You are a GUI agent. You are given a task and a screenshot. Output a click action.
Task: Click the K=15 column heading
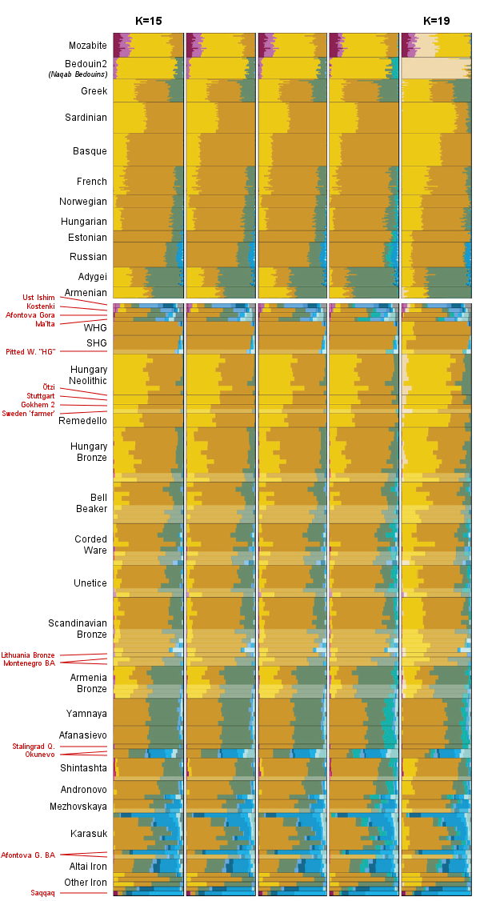pos(149,21)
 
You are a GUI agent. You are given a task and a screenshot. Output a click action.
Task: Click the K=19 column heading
pos(438,21)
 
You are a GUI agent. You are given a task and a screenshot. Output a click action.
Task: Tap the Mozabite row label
pos(88,46)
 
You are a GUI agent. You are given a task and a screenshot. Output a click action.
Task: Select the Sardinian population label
pos(86,118)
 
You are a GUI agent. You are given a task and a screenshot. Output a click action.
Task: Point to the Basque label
pos(90,151)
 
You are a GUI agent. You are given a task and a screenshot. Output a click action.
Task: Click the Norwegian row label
pos(83,202)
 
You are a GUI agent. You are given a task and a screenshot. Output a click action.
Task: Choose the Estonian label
pos(87,238)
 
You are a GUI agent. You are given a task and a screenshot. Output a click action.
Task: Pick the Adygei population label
pos(92,276)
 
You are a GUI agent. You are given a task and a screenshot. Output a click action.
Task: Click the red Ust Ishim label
pos(38,298)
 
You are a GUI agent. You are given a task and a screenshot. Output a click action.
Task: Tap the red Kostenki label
pos(40,306)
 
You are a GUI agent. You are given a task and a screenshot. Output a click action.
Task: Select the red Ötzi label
pos(49,387)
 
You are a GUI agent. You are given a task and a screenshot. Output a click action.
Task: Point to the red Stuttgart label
pos(41,396)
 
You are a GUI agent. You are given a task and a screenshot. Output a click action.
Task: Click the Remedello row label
pos(82,420)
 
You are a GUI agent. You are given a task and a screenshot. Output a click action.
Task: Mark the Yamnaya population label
pos(86,713)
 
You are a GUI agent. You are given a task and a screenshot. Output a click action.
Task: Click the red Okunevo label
pos(40,755)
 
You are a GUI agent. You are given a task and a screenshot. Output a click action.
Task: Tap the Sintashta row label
pos(83,768)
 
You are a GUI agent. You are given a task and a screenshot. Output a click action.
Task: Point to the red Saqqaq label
pos(43,892)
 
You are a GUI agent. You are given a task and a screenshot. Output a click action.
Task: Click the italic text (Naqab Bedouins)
pos(81,74)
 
